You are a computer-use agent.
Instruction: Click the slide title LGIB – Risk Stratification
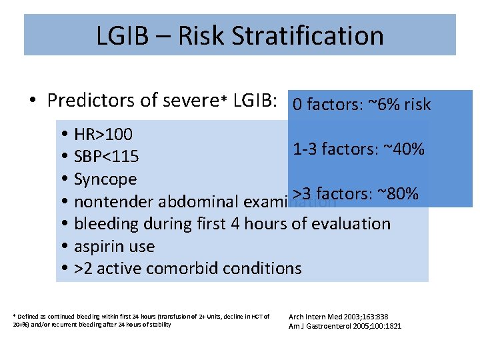[240, 35]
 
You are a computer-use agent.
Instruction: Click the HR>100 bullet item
[103, 134]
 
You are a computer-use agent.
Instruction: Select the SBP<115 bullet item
[106, 157]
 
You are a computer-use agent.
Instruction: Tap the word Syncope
[105, 179]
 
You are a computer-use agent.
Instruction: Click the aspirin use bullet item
[114, 246]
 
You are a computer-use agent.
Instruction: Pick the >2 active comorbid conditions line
[187, 269]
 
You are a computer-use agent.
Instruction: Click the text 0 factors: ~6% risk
[361, 105]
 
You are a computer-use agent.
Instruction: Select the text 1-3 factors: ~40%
[358, 149]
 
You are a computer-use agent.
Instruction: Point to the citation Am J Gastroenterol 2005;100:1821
[345, 326]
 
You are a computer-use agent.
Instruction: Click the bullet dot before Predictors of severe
[33, 101]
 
